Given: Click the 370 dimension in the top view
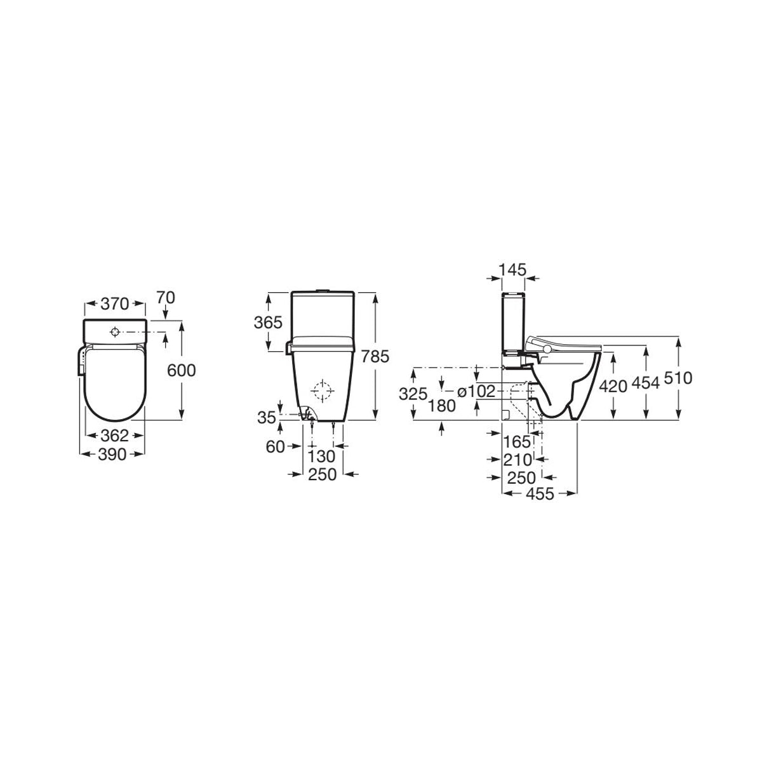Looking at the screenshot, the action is coord(115,304).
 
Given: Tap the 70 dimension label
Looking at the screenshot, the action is coord(165,298).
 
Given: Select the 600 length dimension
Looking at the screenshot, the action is coord(182,370).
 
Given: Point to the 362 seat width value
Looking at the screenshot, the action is coord(115,436).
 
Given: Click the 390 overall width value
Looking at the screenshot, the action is coord(112,455).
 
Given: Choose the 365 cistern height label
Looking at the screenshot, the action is coord(268,323).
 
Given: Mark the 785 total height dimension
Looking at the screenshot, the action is coord(375,357).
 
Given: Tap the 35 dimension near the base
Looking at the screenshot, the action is coord(267,418).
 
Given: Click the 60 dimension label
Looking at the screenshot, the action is coord(276,447).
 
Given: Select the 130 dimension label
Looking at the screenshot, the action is coord(321,457).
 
